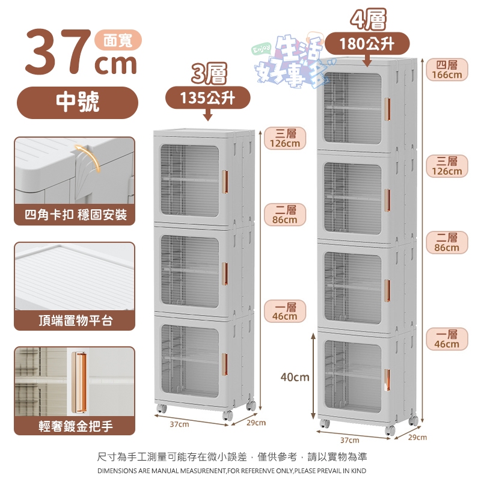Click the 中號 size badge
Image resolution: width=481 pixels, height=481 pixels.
pos(78,102)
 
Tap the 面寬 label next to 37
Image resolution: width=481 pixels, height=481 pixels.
pos(118,40)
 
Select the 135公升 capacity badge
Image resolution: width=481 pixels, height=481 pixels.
pos(207,98)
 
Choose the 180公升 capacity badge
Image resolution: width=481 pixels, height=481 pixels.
pos(367,43)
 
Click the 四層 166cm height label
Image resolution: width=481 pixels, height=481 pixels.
pos(447,70)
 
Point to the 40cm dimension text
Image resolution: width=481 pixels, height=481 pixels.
pos(295,377)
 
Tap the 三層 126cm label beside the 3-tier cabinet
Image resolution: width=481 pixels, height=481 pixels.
pos(285,138)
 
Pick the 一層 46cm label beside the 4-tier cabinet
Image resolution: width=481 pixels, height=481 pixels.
pos(447,339)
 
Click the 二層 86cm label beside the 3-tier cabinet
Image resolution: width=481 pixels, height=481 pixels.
pos(285,215)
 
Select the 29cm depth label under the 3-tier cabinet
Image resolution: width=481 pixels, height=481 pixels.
pos(256,423)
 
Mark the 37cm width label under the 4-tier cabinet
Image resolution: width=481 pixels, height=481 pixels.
pos(350,440)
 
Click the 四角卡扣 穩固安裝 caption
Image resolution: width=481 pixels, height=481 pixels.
pos(76,215)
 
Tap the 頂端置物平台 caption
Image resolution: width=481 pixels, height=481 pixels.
pos(76,320)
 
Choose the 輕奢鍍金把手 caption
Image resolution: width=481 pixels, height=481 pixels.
pos(76,426)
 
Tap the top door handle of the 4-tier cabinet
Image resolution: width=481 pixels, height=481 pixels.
pos(387,109)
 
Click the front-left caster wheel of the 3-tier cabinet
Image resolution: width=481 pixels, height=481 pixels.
pos(161,408)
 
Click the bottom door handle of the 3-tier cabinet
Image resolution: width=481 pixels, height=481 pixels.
pos(225,364)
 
